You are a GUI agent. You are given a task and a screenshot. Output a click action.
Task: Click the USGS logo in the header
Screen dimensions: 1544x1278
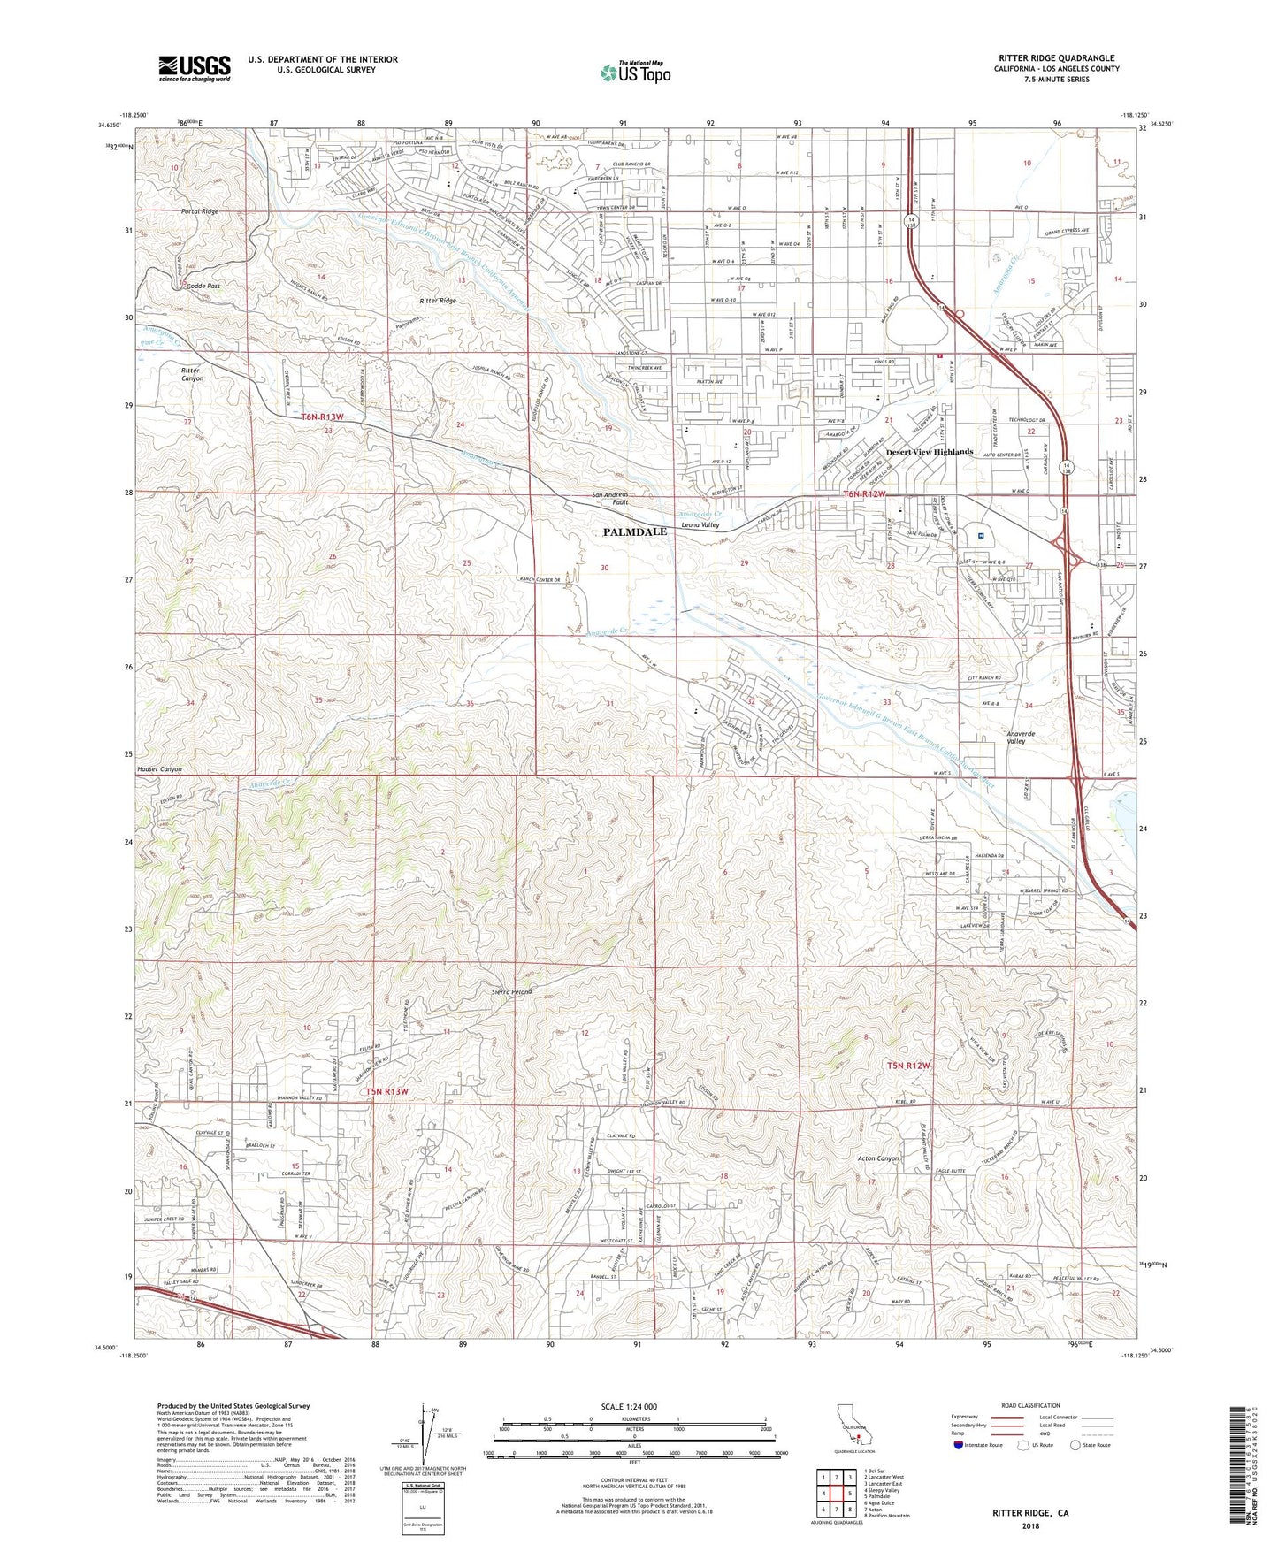click(x=195, y=68)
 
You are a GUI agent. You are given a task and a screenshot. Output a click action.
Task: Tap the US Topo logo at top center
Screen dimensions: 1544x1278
click(x=635, y=73)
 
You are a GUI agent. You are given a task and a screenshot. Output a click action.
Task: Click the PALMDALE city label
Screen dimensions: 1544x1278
click(x=635, y=532)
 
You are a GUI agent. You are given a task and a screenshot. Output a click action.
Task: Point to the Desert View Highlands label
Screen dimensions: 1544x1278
click(x=930, y=452)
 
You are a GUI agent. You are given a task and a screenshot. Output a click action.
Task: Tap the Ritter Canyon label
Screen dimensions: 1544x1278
click(x=192, y=374)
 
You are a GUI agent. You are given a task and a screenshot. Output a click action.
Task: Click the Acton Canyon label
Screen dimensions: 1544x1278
click(x=878, y=1158)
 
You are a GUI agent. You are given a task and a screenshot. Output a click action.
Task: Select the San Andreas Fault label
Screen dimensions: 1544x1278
click(x=610, y=498)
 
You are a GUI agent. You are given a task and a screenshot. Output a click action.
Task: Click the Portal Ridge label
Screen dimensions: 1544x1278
click(x=199, y=212)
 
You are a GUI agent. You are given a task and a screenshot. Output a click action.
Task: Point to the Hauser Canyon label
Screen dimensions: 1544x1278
click(x=159, y=769)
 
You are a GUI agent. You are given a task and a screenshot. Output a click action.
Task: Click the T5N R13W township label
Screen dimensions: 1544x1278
click(x=387, y=1092)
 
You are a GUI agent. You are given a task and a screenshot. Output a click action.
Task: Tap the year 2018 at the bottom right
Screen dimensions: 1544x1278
click(x=1030, y=1526)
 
